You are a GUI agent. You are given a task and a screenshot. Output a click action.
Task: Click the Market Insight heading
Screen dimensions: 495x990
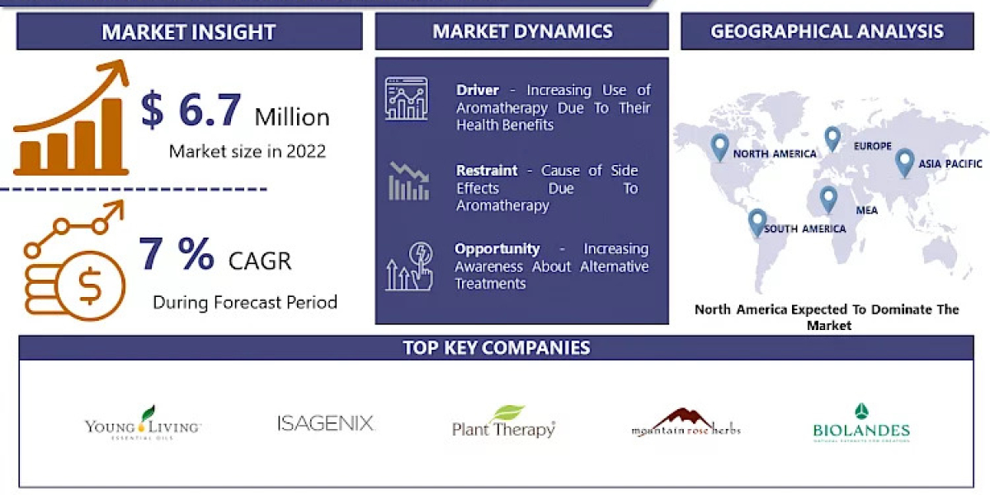(x=188, y=32)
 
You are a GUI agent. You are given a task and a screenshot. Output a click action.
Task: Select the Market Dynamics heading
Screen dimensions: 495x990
(x=522, y=31)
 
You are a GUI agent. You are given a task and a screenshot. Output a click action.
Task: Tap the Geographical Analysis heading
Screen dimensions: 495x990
(x=827, y=31)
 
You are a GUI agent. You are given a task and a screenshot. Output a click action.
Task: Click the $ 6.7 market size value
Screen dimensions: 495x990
(x=191, y=111)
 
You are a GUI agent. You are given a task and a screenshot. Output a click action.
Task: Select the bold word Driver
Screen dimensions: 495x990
(x=475, y=90)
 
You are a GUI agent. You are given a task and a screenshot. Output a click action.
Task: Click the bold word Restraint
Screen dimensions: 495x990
(x=487, y=170)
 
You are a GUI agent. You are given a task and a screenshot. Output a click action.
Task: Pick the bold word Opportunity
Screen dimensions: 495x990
(x=497, y=248)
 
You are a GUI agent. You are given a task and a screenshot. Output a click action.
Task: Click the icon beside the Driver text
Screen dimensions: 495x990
(x=406, y=99)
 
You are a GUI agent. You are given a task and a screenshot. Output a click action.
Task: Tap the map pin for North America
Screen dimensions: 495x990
(x=719, y=147)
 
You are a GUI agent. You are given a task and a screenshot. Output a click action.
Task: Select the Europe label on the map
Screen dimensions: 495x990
(x=872, y=146)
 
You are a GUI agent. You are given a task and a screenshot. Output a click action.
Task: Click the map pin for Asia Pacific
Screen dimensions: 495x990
(x=904, y=161)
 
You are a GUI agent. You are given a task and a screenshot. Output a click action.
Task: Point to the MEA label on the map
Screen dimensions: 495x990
(x=866, y=210)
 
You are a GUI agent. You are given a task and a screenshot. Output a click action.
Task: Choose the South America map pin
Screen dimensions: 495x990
(x=757, y=222)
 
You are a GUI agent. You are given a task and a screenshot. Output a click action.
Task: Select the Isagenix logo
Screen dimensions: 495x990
(x=326, y=424)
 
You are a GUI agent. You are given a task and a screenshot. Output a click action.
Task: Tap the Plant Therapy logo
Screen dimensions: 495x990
(x=503, y=422)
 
